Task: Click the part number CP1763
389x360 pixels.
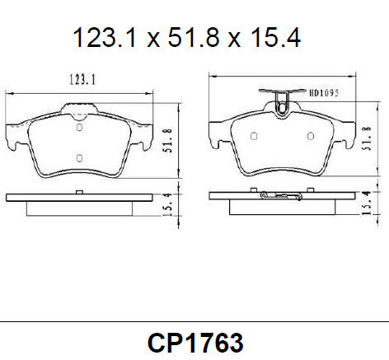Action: tap(195, 341)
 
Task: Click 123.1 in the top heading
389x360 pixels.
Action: tap(102, 37)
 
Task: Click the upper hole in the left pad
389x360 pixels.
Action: tap(79, 127)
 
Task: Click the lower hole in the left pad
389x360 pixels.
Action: tap(79, 157)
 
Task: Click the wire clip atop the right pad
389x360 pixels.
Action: tap(282, 98)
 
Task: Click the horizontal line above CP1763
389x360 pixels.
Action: tap(194, 320)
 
